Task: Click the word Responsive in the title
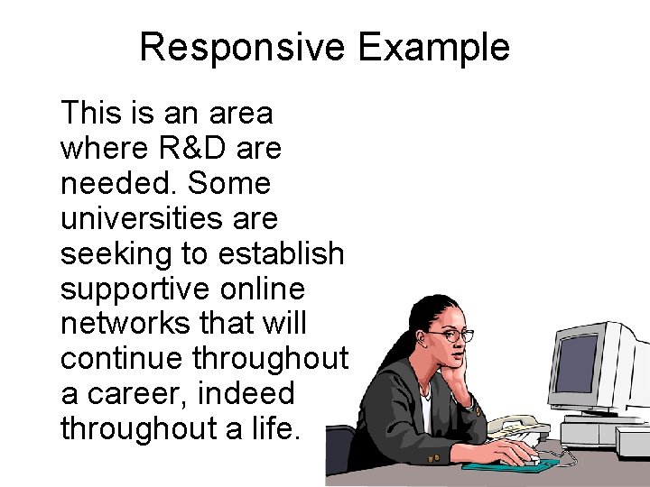tap(242, 47)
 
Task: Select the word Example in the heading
tap(433, 47)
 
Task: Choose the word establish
tap(282, 254)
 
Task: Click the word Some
tap(229, 184)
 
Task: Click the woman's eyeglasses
tap(450, 335)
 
